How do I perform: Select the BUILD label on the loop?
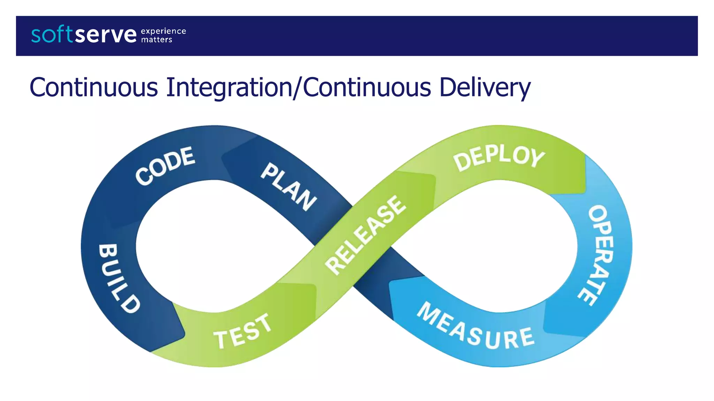click(x=119, y=278)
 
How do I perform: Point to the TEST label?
click(x=243, y=331)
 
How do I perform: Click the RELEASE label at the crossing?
click(x=365, y=235)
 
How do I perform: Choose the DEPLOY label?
click(x=499, y=157)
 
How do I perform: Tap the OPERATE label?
click(x=599, y=255)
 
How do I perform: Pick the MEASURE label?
click(x=476, y=328)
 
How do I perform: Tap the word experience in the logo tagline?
click(x=163, y=31)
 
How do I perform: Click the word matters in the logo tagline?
click(x=157, y=40)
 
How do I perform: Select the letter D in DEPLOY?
click(x=462, y=162)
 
